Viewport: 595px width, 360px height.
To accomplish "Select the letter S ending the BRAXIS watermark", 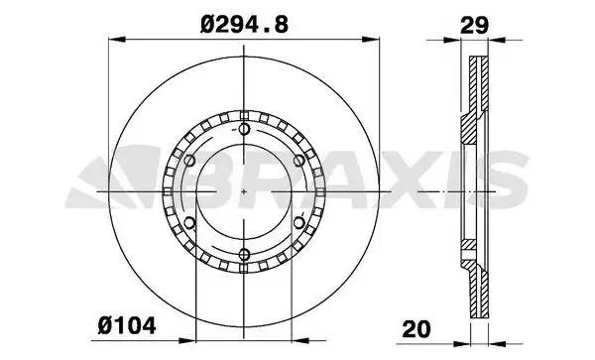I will coord(504,177).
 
